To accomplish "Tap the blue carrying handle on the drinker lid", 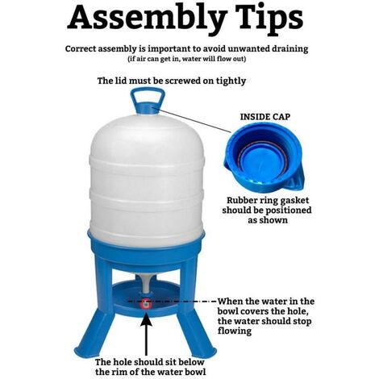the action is [x=148, y=98].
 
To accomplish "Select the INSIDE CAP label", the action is [x=265, y=117].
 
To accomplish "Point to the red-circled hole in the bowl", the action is [x=146, y=303].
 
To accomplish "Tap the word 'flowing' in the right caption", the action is [x=235, y=331].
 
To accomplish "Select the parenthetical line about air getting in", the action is [x=187, y=59].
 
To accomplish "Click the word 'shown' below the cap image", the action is [x=274, y=220].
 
